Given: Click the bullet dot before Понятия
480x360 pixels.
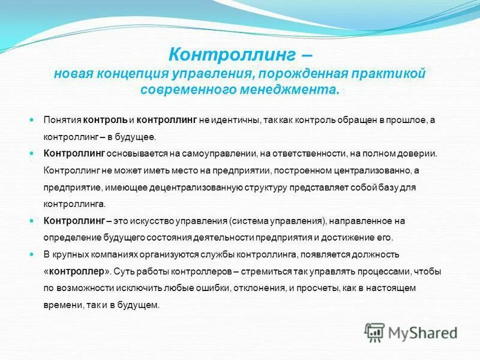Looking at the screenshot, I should point(32,119).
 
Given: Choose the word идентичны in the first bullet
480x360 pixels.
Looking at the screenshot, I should point(238,120).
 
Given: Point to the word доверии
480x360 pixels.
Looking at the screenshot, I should point(420,154).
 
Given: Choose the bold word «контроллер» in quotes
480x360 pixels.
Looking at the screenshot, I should point(76,271).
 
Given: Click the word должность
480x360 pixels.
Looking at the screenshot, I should point(373,254).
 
